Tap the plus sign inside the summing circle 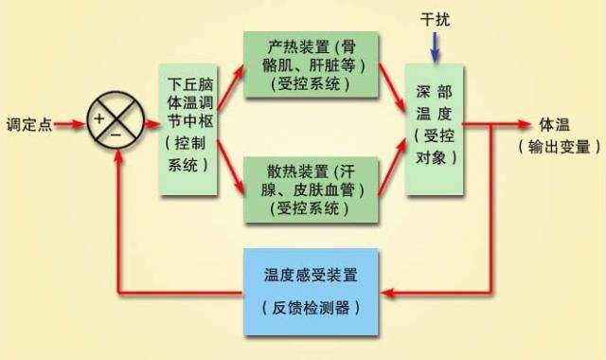[x=98, y=117]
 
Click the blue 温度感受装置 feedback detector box [x=311, y=292]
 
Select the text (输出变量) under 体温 [x=560, y=147]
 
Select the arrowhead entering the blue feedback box [x=384, y=292]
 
